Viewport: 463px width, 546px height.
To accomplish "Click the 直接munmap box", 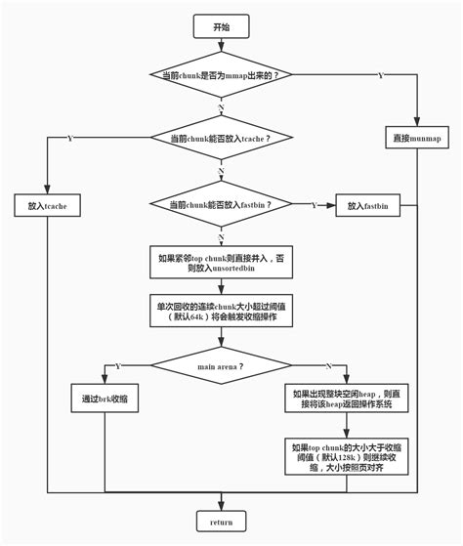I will (x=418, y=137).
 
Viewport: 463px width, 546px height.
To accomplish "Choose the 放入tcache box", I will (x=47, y=206).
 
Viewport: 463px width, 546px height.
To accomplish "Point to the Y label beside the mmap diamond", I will (x=380, y=75).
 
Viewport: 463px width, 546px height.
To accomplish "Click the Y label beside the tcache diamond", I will (x=69, y=139).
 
